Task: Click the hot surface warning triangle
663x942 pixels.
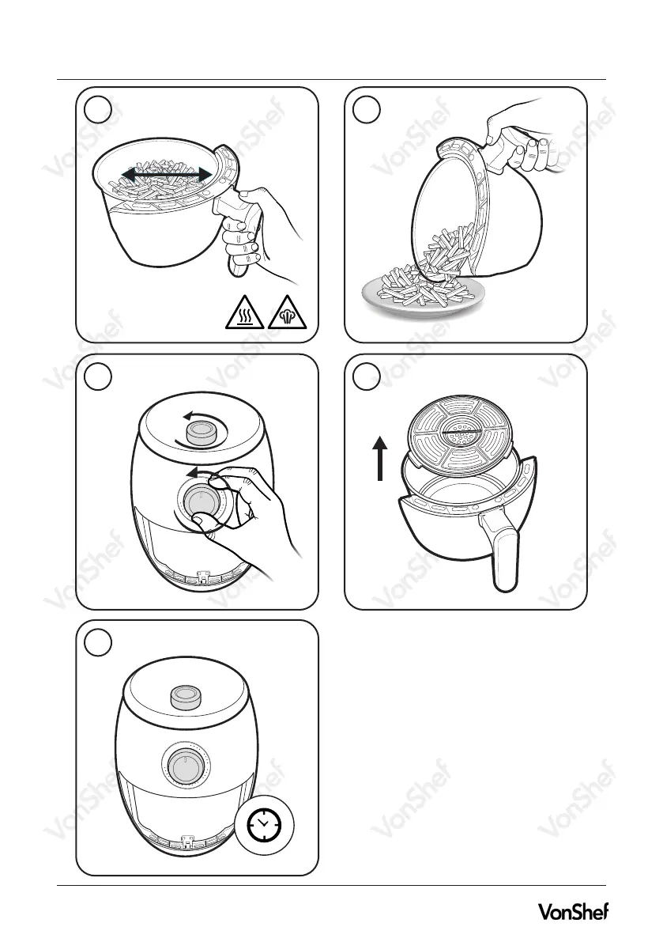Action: tap(244, 313)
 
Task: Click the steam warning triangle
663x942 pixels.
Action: tap(288, 313)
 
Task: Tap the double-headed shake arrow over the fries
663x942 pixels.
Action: tap(167, 174)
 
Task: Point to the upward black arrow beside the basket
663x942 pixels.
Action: tap(380, 459)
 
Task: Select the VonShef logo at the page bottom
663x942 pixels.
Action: tap(572, 911)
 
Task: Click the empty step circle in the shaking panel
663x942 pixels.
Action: tap(98, 110)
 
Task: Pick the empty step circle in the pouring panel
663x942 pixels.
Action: tap(367, 110)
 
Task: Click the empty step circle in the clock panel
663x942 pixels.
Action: tap(98, 642)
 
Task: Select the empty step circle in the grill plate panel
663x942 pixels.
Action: tap(367, 376)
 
